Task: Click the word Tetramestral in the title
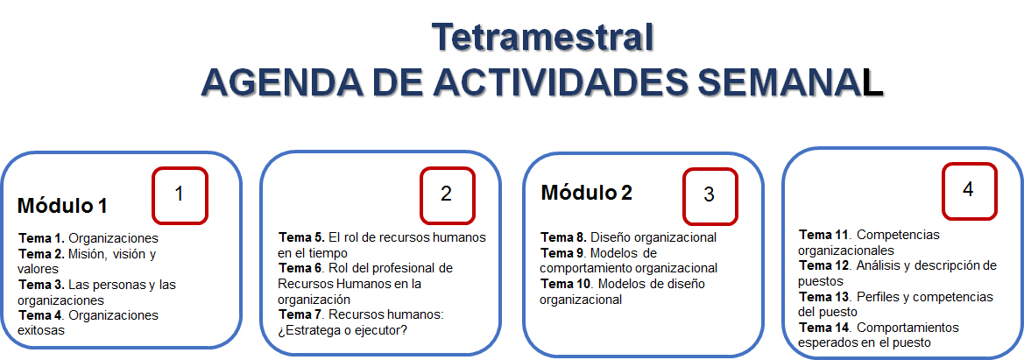click(x=542, y=38)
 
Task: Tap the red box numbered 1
click(x=180, y=195)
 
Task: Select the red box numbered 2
click(x=447, y=195)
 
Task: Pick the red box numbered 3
click(x=710, y=196)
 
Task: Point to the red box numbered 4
click(x=969, y=190)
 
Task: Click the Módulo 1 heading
click(x=62, y=206)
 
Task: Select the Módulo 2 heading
click(x=586, y=193)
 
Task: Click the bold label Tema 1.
click(x=42, y=238)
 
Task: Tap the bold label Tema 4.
click(x=42, y=315)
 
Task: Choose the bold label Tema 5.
click(x=301, y=236)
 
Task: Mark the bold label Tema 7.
click(x=301, y=314)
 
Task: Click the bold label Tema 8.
click(x=564, y=237)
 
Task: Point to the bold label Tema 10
click(x=567, y=284)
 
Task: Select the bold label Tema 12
click(x=825, y=265)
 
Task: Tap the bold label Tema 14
click(x=825, y=327)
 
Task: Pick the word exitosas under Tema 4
click(x=41, y=330)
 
